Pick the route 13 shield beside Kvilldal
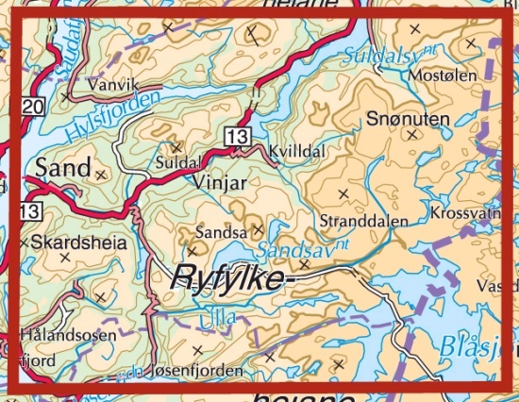[236, 138]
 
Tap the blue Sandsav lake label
[290, 250]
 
